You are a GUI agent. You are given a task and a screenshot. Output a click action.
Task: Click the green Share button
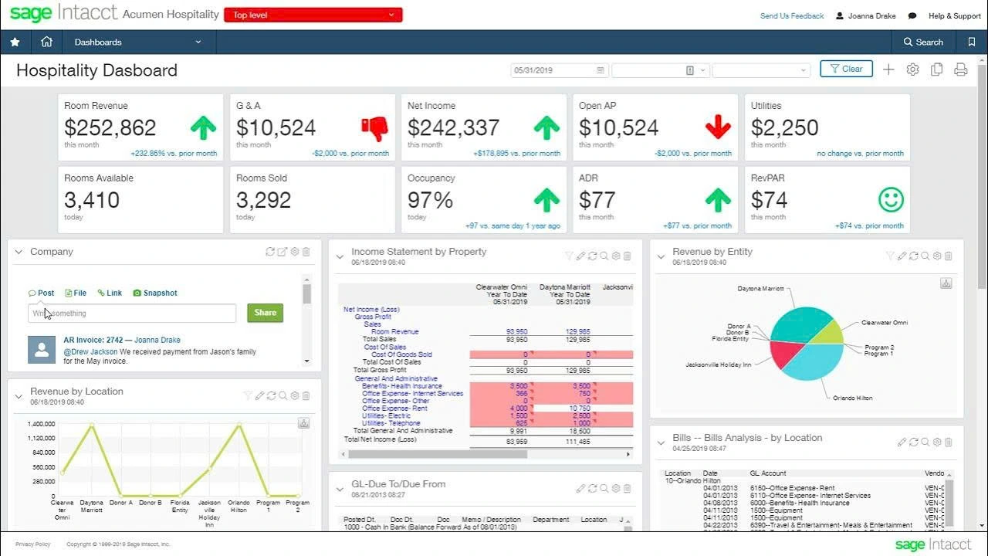tap(265, 313)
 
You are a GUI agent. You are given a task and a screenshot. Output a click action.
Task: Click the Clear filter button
tap(846, 69)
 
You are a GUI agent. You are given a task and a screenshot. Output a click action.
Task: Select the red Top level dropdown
tap(313, 15)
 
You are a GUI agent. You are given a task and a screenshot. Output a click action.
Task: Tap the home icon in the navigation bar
tap(46, 42)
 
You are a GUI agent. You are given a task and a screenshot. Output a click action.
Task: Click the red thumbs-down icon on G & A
tap(374, 128)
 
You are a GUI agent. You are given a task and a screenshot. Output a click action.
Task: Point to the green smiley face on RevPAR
tap(891, 200)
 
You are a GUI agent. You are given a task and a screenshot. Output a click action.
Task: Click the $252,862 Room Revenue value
tap(110, 127)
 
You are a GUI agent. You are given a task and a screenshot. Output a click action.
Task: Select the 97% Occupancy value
tap(431, 200)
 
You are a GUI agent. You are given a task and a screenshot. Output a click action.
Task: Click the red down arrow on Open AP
tap(718, 128)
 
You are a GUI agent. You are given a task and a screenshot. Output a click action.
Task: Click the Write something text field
tap(132, 313)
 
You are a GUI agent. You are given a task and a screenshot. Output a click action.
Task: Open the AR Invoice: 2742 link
tap(93, 340)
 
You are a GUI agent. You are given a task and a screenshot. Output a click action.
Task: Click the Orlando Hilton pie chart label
tap(852, 398)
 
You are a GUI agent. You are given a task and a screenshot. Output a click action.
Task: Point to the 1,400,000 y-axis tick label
tap(41, 424)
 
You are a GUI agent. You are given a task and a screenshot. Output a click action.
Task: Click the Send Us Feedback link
tap(792, 15)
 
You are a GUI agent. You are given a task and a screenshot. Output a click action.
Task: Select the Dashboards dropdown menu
tap(137, 42)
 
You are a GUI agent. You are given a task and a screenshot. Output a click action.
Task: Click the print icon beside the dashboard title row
tap(960, 69)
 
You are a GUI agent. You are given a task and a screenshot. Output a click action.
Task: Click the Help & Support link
tap(954, 15)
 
